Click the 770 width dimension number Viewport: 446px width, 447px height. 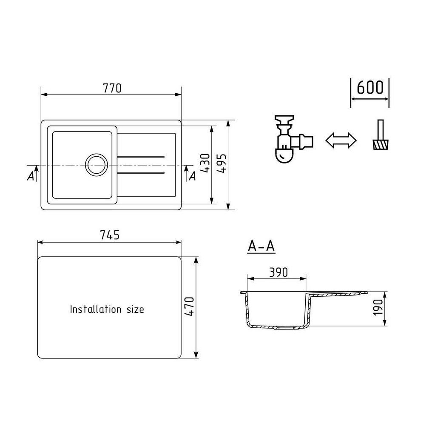pyautogui.click(x=112, y=89)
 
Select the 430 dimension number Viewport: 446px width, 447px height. pyautogui.click(x=205, y=163)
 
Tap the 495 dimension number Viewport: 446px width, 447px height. pyautogui.click(x=222, y=163)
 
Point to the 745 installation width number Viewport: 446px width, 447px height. pyautogui.click(x=110, y=235)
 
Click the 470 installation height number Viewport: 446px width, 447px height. pyautogui.click(x=190, y=307)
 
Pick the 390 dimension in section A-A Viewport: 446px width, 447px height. pyautogui.click(x=278, y=272)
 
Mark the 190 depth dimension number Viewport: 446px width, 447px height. pyautogui.click(x=378, y=307)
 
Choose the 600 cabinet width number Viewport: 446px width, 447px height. pyautogui.click(x=370, y=87)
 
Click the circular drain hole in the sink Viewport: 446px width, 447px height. pyautogui.click(x=97, y=165)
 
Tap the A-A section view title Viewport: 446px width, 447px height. pyautogui.click(x=261, y=246)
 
